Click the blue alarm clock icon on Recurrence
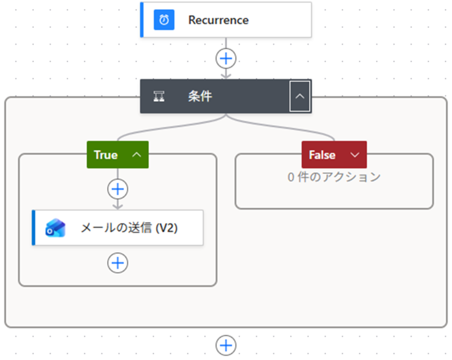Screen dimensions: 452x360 (164, 20)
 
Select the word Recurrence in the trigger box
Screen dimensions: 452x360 (218, 20)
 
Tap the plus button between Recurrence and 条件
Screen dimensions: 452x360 (226, 59)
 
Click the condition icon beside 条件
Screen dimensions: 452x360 (159, 96)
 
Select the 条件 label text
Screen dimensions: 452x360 (200, 96)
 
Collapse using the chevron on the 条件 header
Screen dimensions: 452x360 (300, 96)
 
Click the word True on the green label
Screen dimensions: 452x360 (106, 155)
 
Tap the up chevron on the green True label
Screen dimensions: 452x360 (137, 155)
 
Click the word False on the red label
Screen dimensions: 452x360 (322, 155)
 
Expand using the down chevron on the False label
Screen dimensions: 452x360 (354, 155)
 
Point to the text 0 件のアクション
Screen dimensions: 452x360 (334, 177)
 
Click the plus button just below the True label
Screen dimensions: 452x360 (117, 189)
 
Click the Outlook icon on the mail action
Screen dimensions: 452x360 (55, 228)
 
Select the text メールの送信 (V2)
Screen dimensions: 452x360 (129, 228)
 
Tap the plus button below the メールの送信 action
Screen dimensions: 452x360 (117, 263)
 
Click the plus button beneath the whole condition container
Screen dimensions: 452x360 (226, 345)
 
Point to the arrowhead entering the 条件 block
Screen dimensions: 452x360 (226, 75)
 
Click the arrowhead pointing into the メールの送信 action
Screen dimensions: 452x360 (117, 206)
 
